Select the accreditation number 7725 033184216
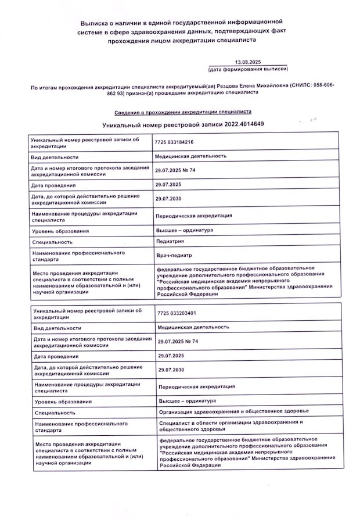pos(174,142)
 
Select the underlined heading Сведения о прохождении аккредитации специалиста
pos(174,111)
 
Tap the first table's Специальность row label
pos(52,242)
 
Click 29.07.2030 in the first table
pos(168,199)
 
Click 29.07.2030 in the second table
pos(171,370)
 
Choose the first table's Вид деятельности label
pos(54,157)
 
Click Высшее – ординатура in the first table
pos(184,230)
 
